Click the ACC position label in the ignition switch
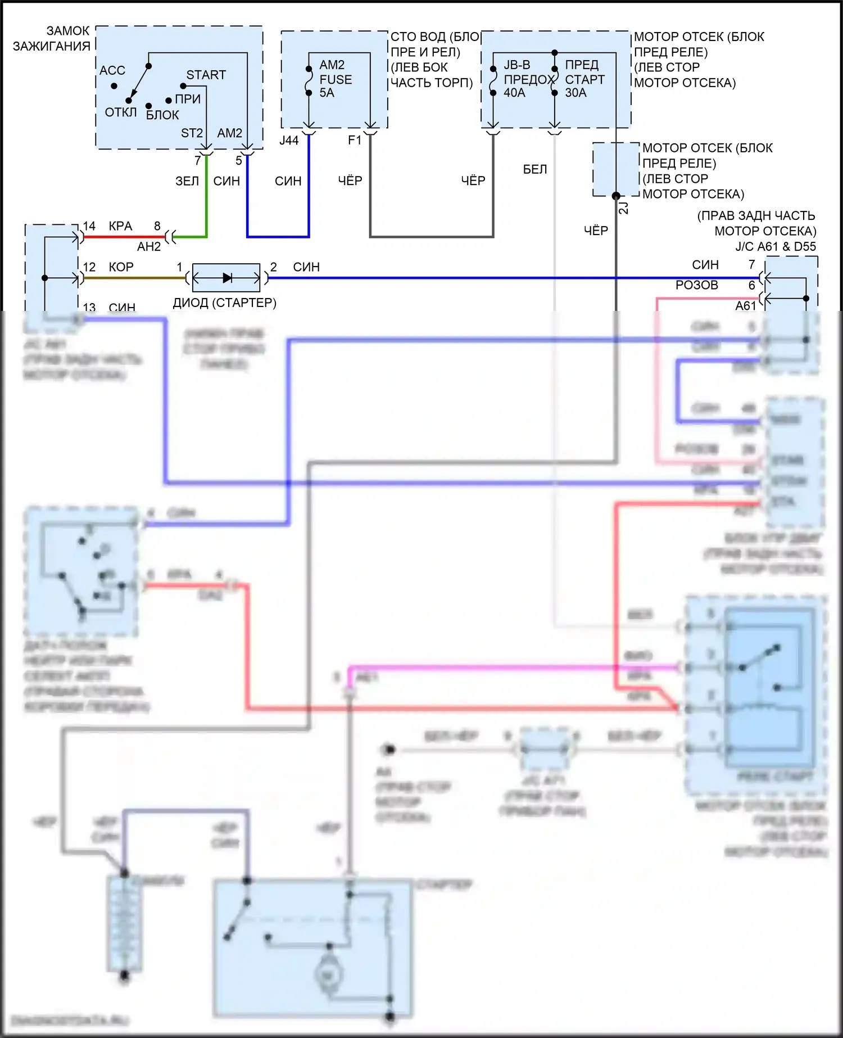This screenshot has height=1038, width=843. tap(112, 70)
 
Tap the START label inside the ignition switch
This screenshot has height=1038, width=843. tap(206, 75)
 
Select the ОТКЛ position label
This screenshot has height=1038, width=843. tap(121, 112)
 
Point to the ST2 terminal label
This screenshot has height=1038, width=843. tap(192, 133)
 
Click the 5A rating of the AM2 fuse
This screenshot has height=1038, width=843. tap(327, 93)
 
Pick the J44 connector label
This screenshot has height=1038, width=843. tap(289, 141)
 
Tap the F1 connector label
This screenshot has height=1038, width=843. tap(355, 140)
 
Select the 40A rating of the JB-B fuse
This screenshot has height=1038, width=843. tap(514, 93)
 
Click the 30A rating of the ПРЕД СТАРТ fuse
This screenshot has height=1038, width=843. tap(575, 93)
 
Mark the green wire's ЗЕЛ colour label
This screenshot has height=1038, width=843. tap(187, 181)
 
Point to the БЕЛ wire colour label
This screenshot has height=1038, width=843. tap(534, 169)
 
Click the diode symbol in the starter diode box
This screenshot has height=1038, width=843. tap(227, 278)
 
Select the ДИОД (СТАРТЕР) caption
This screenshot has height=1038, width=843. tap(224, 303)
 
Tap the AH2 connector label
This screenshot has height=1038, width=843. tap(149, 247)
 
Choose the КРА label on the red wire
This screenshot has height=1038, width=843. tap(120, 226)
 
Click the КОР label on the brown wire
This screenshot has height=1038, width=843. tap(121, 267)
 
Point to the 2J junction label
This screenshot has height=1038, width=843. tap(624, 208)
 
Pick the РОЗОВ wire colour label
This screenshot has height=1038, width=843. tap(696, 285)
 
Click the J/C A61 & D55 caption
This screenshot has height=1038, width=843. tap(776, 246)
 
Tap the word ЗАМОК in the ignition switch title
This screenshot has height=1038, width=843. tap(68, 31)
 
